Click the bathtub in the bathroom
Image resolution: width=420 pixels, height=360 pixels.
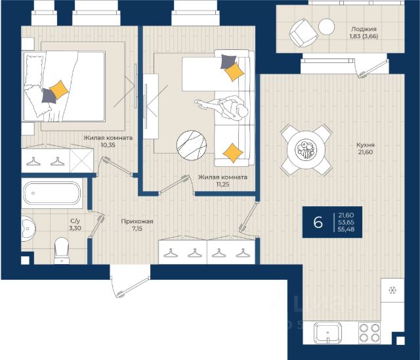click(52, 193)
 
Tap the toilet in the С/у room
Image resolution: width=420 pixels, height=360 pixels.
click(62, 251)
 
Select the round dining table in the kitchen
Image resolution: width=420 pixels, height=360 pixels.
click(306, 150)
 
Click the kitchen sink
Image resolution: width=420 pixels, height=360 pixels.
click(328, 332)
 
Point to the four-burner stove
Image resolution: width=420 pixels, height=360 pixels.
click(369, 332)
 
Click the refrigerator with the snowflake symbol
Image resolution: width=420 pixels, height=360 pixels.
click(392, 290)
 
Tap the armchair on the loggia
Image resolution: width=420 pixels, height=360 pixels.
click(303, 33)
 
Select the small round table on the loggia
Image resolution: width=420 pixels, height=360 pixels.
click(327, 26)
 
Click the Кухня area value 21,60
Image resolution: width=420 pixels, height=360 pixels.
click(366, 152)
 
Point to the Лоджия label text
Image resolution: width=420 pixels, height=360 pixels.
click(364, 29)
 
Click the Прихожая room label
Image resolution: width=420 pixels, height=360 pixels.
click(137, 221)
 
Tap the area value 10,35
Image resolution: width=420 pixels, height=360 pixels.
click(108, 145)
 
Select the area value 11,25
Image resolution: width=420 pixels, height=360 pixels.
click(222, 184)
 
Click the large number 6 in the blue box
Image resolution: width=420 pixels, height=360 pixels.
click(318, 222)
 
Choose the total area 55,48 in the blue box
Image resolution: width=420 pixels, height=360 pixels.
click(346, 229)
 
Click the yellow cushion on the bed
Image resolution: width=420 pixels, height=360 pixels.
click(59, 90)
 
